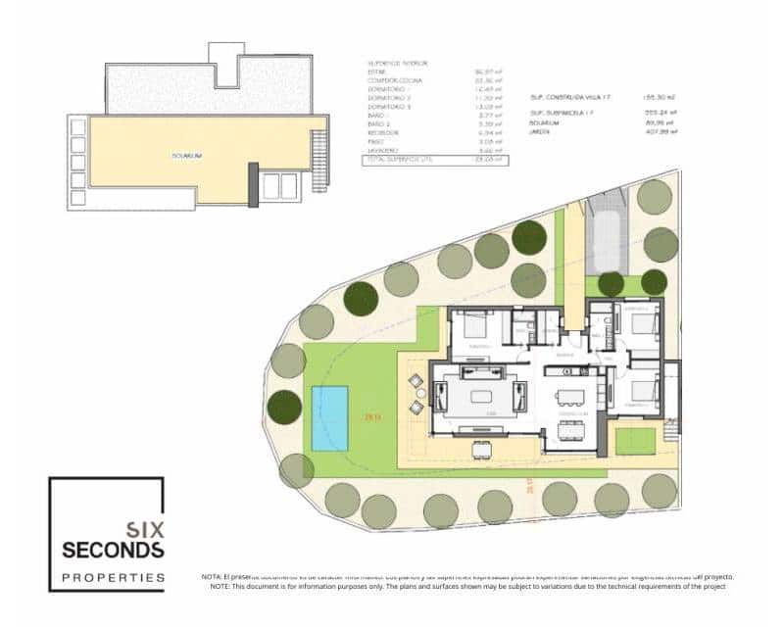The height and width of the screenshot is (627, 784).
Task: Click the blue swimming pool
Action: point(329,418)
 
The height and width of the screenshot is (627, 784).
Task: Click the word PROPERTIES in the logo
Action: point(113,577)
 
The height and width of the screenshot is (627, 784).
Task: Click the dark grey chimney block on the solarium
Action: point(254,185)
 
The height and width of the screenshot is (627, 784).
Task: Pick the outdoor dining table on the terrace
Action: point(480,449)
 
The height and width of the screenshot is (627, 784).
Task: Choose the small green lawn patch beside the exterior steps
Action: point(635,440)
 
